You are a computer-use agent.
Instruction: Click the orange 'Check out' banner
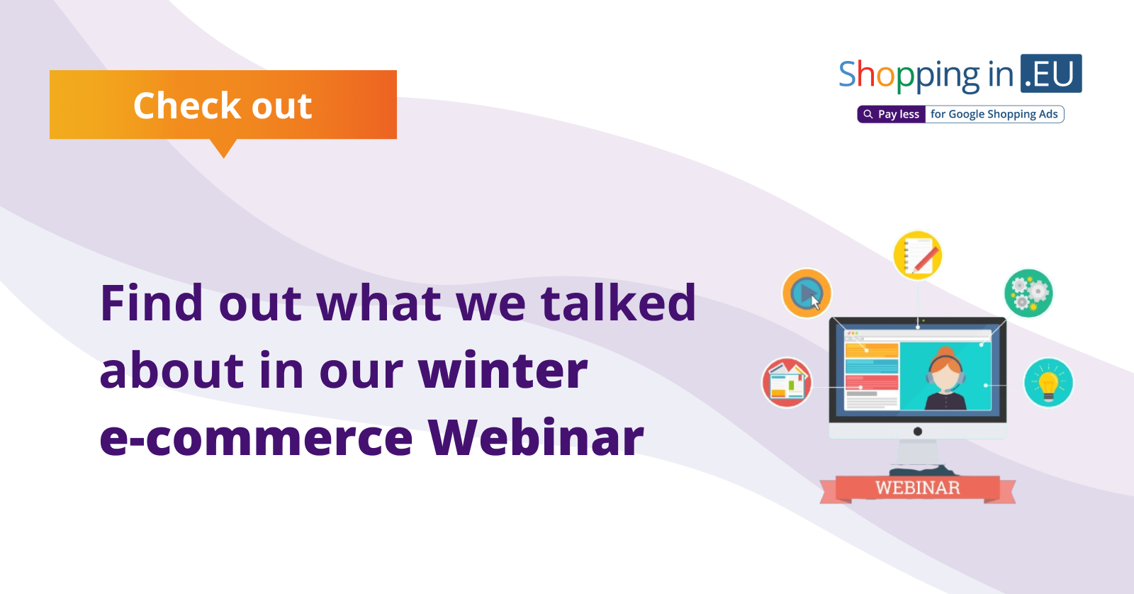pos(223,104)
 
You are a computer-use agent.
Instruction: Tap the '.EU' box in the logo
pos(1051,74)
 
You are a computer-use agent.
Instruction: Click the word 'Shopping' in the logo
pos(909,76)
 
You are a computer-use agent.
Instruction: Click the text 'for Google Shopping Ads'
pos(994,114)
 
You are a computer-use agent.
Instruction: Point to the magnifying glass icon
pos(868,114)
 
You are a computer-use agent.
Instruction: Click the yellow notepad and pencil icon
pos(917,254)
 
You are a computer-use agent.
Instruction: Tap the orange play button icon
pos(807,293)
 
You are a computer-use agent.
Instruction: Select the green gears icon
pos(1028,293)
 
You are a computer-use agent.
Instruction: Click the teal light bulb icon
pos(1048,382)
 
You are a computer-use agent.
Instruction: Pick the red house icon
pos(787,382)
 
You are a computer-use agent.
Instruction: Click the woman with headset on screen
pos(945,378)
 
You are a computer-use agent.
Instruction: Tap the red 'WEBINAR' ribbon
pos(917,488)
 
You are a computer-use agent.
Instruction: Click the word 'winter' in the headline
pos(503,370)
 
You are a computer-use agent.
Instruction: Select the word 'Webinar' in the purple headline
pos(535,437)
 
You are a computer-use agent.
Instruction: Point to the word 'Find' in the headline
pos(152,303)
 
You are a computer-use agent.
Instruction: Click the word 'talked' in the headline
pos(618,303)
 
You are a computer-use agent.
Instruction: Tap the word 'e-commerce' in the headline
pos(256,439)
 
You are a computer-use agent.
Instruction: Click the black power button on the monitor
pos(917,432)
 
